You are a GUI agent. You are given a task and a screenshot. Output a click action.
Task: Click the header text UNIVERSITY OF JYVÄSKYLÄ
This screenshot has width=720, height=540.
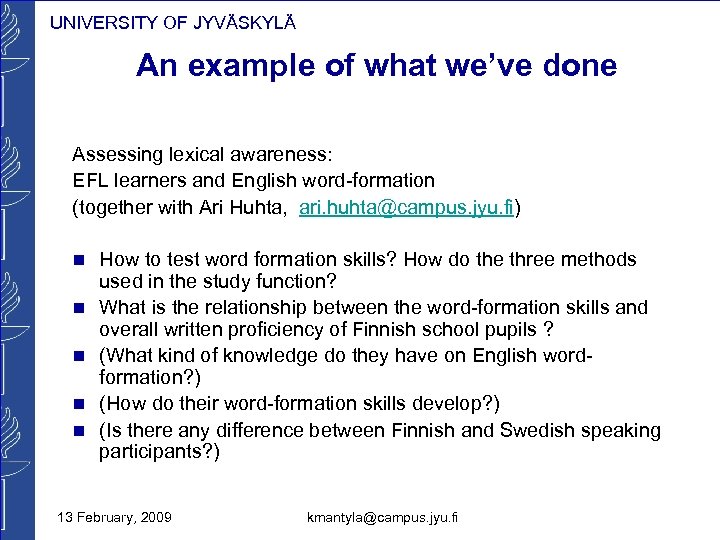coord(172,23)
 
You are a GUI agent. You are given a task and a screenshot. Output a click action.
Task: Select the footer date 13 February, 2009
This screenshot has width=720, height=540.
coord(114,516)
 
